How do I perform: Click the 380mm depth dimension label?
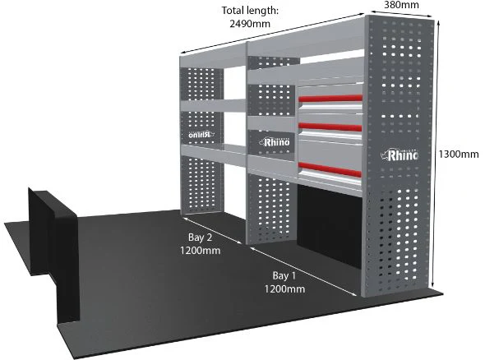401,5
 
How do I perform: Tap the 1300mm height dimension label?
459,154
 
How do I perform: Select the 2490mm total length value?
250,24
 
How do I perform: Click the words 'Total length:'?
250,11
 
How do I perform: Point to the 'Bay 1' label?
284,275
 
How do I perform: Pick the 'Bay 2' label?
200,238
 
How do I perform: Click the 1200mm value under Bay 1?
284,288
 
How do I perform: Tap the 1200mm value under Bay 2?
200,250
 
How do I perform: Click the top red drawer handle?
330,99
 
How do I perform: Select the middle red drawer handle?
330,127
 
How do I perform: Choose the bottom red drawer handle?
330,169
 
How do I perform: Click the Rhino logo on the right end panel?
400,155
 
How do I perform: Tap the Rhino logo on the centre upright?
275,142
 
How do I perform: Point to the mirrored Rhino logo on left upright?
201,135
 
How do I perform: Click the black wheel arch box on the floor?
53,254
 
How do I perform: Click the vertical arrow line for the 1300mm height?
436,154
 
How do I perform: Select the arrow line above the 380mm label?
401,14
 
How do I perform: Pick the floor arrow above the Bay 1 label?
304,271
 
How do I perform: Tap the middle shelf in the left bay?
214,105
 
